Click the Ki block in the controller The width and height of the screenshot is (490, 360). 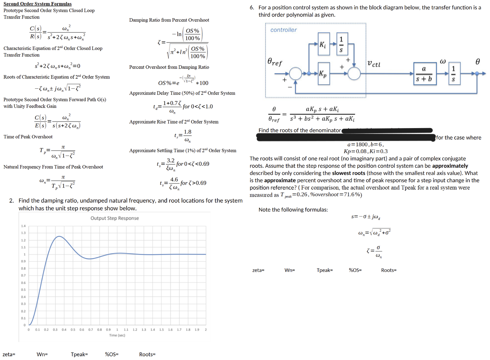point(324,44)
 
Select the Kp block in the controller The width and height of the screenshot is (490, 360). point(324,73)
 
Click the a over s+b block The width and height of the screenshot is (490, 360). point(425,74)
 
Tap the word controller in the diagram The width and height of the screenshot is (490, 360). point(284,30)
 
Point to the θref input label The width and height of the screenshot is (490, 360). point(275,62)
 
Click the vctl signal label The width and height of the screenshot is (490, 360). point(374,64)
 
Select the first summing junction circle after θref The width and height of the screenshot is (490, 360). point(295,73)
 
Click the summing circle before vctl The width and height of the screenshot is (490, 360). point(354,73)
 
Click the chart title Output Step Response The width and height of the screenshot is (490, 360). point(115,218)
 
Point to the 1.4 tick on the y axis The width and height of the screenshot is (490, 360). point(23,226)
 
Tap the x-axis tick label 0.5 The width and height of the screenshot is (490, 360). point(73,330)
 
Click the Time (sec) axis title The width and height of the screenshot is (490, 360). point(117,335)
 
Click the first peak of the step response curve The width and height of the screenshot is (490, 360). point(59,236)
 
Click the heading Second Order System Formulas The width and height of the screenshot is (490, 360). point(38,4)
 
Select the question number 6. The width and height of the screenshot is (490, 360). point(252,8)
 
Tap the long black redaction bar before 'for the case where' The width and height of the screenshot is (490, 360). point(346,138)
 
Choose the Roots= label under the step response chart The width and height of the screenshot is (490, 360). point(147,355)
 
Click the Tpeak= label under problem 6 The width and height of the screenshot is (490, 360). point(325,270)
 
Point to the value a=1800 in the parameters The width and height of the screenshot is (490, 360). point(357,145)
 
